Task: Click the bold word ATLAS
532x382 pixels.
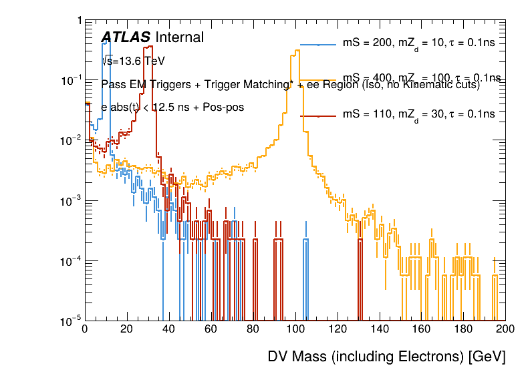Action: pos(126,38)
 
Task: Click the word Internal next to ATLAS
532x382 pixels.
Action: pos(179,38)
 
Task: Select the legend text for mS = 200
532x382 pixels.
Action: pos(418,44)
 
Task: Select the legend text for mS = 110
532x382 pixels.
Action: pos(418,115)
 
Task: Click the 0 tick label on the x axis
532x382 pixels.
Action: pos(85,329)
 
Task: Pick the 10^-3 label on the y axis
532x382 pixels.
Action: pos(70,201)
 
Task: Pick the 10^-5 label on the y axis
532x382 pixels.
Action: pos(70,321)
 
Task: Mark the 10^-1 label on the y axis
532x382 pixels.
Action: pos(70,80)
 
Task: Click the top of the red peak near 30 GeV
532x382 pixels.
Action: pos(149,47)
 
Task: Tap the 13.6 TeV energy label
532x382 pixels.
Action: pos(133,61)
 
